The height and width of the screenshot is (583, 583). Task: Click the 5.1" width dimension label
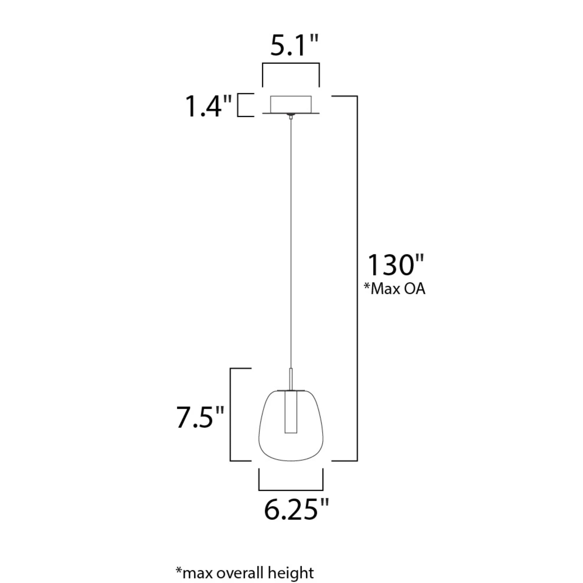pos(294,46)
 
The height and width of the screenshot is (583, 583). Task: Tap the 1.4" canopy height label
pos(208,106)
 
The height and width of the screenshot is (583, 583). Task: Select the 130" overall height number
pos(396,265)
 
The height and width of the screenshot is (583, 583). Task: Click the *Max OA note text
pos(394,289)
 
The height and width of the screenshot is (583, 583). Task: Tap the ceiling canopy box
pos(291,104)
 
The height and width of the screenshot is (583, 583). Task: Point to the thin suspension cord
pos(291,241)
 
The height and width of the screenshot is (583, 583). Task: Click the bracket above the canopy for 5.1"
pos(291,64)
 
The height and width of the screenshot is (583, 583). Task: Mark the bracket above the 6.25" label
pos(291,490)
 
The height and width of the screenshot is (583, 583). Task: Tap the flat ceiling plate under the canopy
pos(291,113)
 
